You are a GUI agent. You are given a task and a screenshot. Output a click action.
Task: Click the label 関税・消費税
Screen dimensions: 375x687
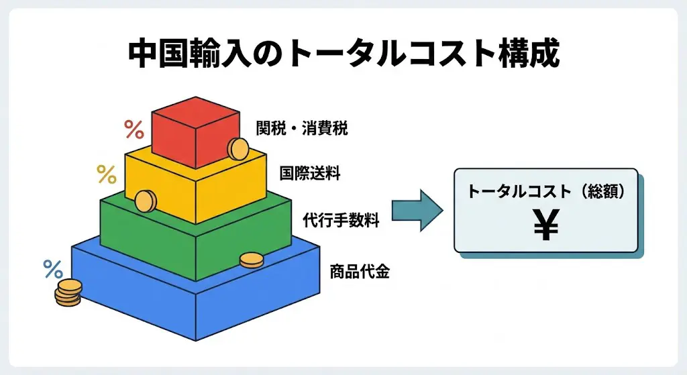[x=302, y=129]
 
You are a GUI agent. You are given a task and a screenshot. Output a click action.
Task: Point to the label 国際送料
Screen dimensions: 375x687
[x=310, y=174]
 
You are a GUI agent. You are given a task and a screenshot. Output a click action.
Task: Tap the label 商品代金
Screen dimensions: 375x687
[x=360, y=272]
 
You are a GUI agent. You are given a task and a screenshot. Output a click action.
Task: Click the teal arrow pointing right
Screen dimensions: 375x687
[x=417, y=210]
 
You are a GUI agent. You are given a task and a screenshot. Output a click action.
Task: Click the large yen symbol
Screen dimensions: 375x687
[x=546, y=226]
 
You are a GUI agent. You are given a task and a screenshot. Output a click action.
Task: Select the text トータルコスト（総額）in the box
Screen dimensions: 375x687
[x=546, y=191]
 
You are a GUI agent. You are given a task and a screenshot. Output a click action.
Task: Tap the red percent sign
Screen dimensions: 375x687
[x=134, y=129]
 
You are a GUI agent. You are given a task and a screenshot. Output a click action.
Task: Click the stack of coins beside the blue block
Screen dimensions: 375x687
[x=68, y=293]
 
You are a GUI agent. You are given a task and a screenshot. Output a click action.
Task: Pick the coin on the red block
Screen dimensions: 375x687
[x=237, y=149]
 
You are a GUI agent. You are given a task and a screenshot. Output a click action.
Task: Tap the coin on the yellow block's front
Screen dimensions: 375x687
[x=146, y=201]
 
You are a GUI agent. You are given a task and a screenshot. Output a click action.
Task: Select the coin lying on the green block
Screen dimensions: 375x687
[x=252, y=260]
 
